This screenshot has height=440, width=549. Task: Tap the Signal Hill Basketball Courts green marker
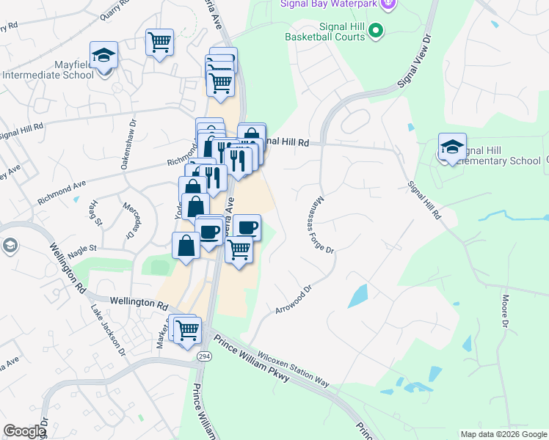tap(377, 31)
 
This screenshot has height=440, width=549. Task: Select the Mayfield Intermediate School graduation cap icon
tap(104, 54)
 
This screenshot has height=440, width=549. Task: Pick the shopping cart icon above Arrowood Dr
tap(239, 251)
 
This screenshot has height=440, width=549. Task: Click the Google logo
tap(24, 431)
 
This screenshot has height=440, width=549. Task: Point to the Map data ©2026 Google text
tap(503, 434)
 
